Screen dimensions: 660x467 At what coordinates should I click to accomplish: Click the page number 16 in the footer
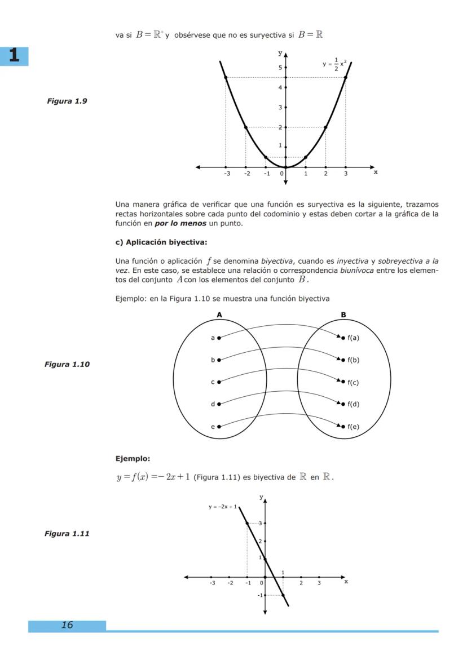(x=67, y=624)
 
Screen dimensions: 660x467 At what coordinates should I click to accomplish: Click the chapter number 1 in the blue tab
(x=14, y=56)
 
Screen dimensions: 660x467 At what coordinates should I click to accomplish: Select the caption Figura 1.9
(x=67, y=101)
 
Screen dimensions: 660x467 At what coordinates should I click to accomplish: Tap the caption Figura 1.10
(x=67, y=364)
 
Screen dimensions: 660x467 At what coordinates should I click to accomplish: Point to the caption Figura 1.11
(x=67, y=533)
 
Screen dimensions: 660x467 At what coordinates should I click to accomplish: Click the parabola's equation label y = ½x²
(x=337, y=64)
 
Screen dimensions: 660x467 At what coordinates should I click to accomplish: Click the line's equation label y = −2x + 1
(x=222, y=507)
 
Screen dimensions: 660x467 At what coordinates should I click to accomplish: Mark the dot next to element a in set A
(x=219, y=338)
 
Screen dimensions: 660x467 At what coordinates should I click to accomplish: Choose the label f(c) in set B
(x=353, y=383)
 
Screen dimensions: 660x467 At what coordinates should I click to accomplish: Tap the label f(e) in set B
(x=353, y=427)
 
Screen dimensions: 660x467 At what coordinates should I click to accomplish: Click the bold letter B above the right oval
(x=343, y=315)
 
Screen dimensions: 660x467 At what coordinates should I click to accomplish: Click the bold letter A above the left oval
(x=219, y=315)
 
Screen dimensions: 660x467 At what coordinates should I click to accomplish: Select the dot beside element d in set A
(x=219, y=404)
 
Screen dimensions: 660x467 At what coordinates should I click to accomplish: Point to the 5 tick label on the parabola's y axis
(x=279, y=68)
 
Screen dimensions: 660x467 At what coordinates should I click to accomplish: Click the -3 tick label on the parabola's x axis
(x=226, y=174)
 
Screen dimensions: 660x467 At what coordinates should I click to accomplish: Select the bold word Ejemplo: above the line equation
(x=133, y=458)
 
